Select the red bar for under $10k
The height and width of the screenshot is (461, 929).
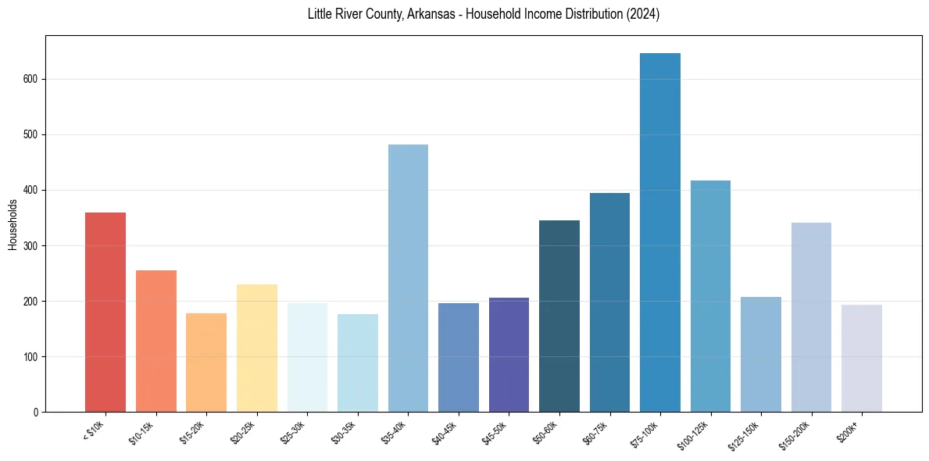click(105, 312)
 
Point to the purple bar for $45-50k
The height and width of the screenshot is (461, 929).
click(509, 355)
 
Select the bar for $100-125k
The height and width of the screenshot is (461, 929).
click(710, 296)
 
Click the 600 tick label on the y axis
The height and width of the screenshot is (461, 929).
click(31, 79)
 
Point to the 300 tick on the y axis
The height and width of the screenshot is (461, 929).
click(31, 245)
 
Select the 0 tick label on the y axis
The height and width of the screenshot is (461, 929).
click(36, 412)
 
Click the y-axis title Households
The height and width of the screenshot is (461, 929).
click(13, 224)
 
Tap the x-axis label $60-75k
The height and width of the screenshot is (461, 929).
click(595, 432)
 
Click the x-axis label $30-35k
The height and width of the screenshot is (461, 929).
click(344, 432)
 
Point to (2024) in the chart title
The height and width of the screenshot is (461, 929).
click(642, 14)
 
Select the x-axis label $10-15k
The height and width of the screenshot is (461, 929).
click(142, 432)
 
